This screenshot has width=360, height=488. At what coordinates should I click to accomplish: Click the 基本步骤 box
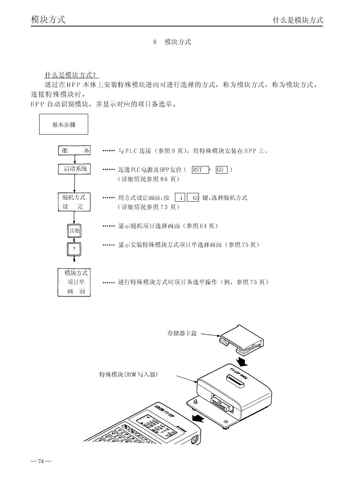64,124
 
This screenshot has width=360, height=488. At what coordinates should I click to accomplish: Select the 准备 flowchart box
74,150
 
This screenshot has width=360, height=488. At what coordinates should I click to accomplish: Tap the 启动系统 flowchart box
74,169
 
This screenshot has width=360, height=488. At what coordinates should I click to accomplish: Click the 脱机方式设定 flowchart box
74,202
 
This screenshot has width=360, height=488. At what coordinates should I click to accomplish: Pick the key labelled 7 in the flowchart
74,249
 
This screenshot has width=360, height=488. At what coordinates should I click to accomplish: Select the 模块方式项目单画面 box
74,282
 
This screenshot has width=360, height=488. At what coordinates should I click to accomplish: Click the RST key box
200,170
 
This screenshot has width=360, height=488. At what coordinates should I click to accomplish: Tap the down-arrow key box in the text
180,198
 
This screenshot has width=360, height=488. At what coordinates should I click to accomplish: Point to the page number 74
41,462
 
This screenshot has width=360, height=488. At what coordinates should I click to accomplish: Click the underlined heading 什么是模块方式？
71,75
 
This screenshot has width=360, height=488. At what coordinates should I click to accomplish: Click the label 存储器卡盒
182,333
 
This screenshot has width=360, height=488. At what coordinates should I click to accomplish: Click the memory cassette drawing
241,339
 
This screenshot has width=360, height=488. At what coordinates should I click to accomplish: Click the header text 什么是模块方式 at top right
298,20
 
